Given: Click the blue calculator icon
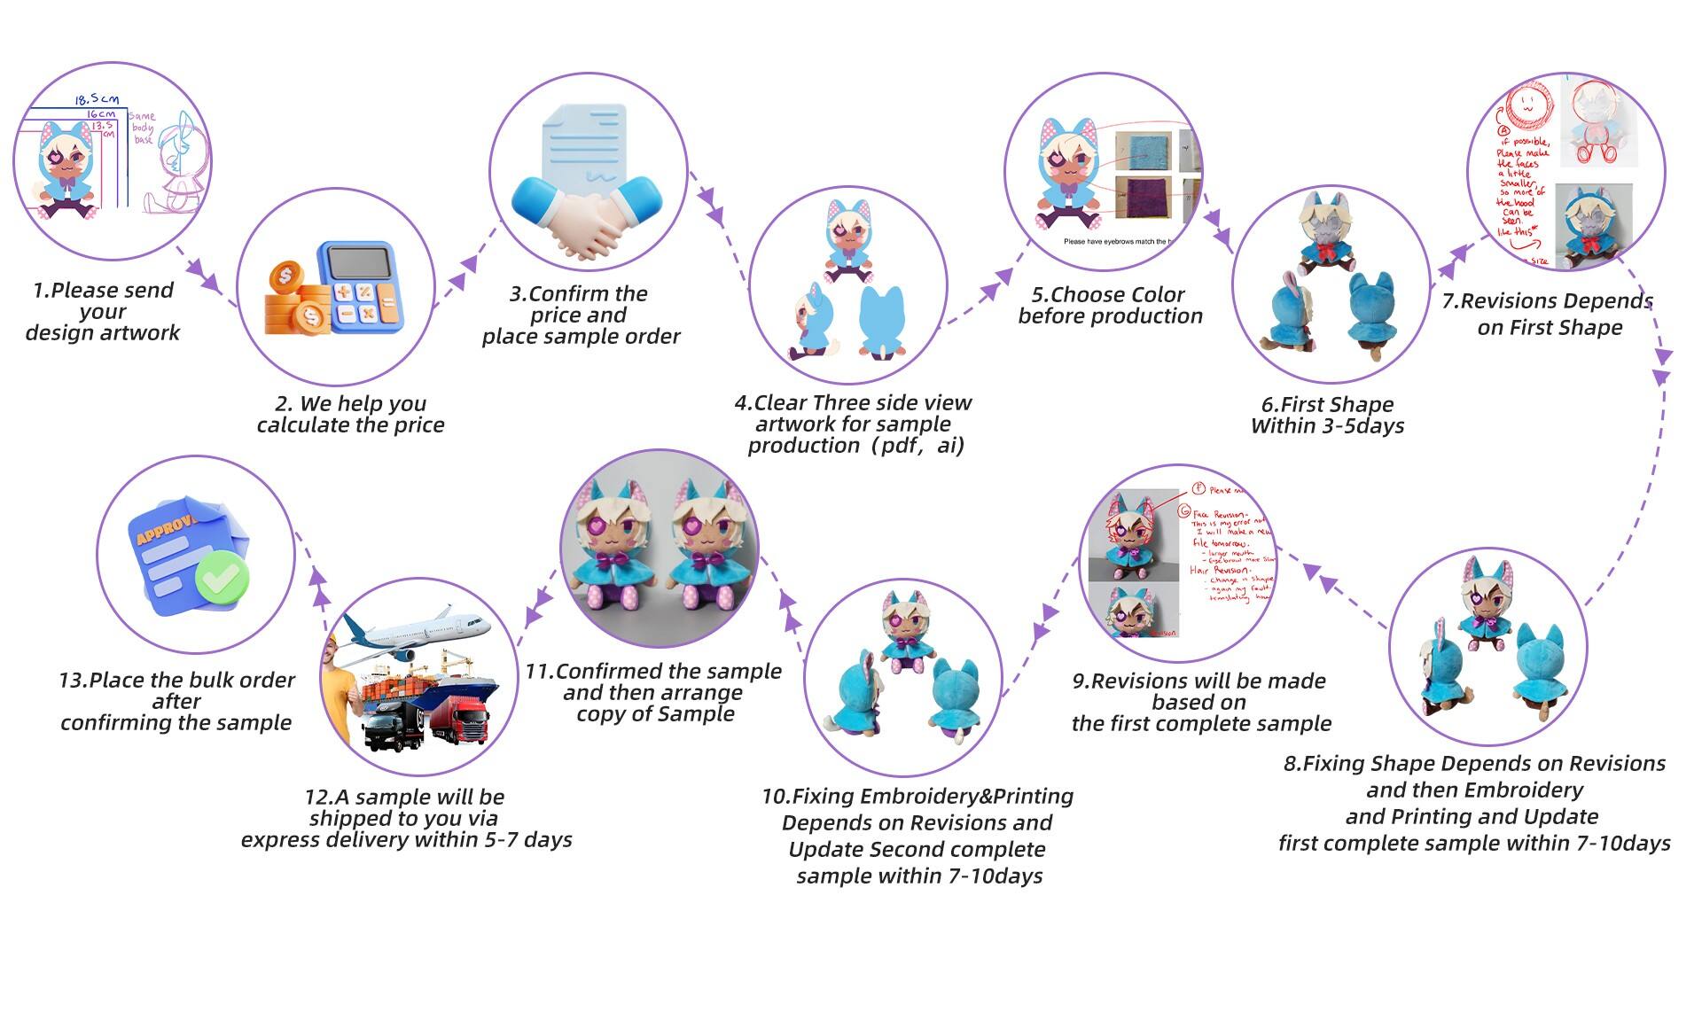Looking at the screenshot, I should point(359,286).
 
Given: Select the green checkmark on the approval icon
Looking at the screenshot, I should point(223,577).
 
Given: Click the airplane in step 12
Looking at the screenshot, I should point(417,633).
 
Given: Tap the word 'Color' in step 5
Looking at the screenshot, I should point(1151,295).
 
